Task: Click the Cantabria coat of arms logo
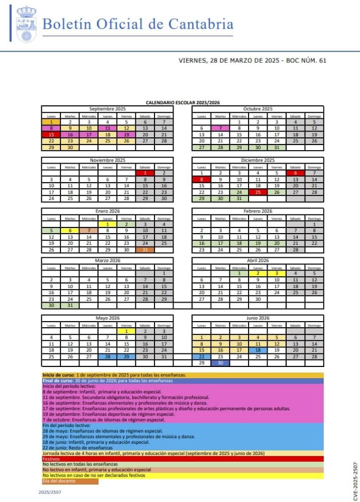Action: (25, 24)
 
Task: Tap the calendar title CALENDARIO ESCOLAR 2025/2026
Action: (182, 103)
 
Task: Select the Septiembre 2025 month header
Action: (107, 109)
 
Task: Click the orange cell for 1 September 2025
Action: (50, 122)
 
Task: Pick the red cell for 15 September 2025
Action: (50, 134)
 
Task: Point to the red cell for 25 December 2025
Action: (258, 192)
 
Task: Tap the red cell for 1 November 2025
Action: (145, 173)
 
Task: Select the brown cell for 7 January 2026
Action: (88, 230)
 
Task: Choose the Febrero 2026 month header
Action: (258, 211)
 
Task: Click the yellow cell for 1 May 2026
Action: (127, 331)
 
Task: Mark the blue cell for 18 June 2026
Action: (258, 350)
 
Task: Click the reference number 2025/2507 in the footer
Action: (49, 492)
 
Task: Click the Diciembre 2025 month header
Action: (258, 160)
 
